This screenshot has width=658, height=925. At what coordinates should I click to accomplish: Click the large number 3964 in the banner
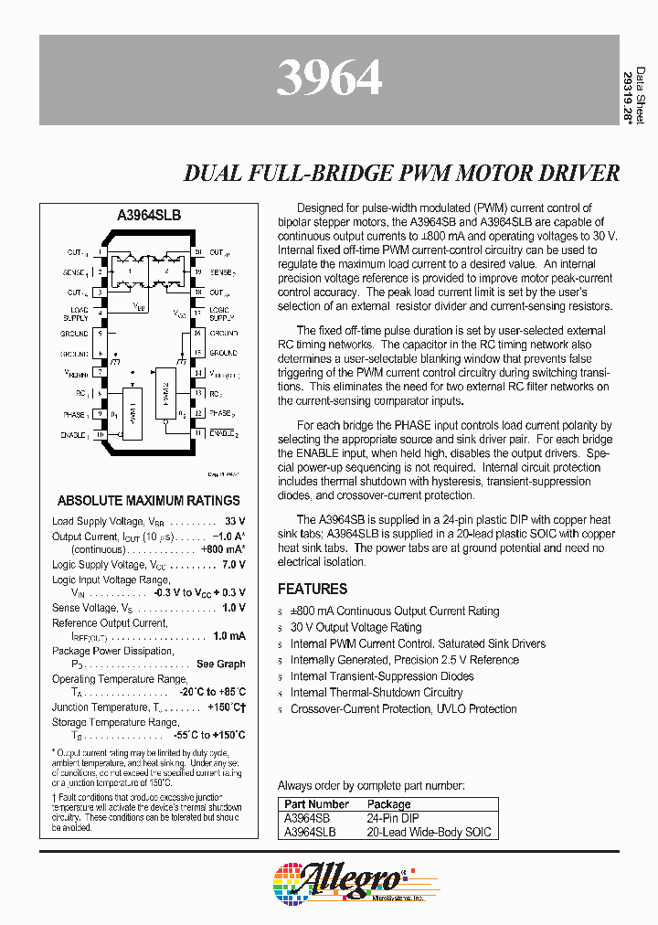329,80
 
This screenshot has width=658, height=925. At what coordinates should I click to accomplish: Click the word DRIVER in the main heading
576,173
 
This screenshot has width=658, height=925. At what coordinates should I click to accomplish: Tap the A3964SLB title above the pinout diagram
149,215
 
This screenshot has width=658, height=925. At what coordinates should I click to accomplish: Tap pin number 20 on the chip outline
197,252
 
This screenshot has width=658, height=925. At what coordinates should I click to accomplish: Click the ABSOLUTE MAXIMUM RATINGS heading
149,500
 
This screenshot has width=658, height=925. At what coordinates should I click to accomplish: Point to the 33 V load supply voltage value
234,521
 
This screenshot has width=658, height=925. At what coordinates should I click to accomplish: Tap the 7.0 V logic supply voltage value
232,566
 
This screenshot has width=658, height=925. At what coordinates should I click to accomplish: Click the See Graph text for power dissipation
220,665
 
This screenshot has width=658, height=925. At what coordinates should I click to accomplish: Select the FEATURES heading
313,589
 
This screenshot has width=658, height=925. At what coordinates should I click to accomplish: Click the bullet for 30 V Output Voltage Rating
281,628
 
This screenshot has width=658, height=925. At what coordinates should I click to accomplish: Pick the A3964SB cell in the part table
307,819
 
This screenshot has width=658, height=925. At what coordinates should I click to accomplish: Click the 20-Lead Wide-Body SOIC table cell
429,832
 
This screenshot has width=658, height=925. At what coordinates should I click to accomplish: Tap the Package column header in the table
389,804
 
